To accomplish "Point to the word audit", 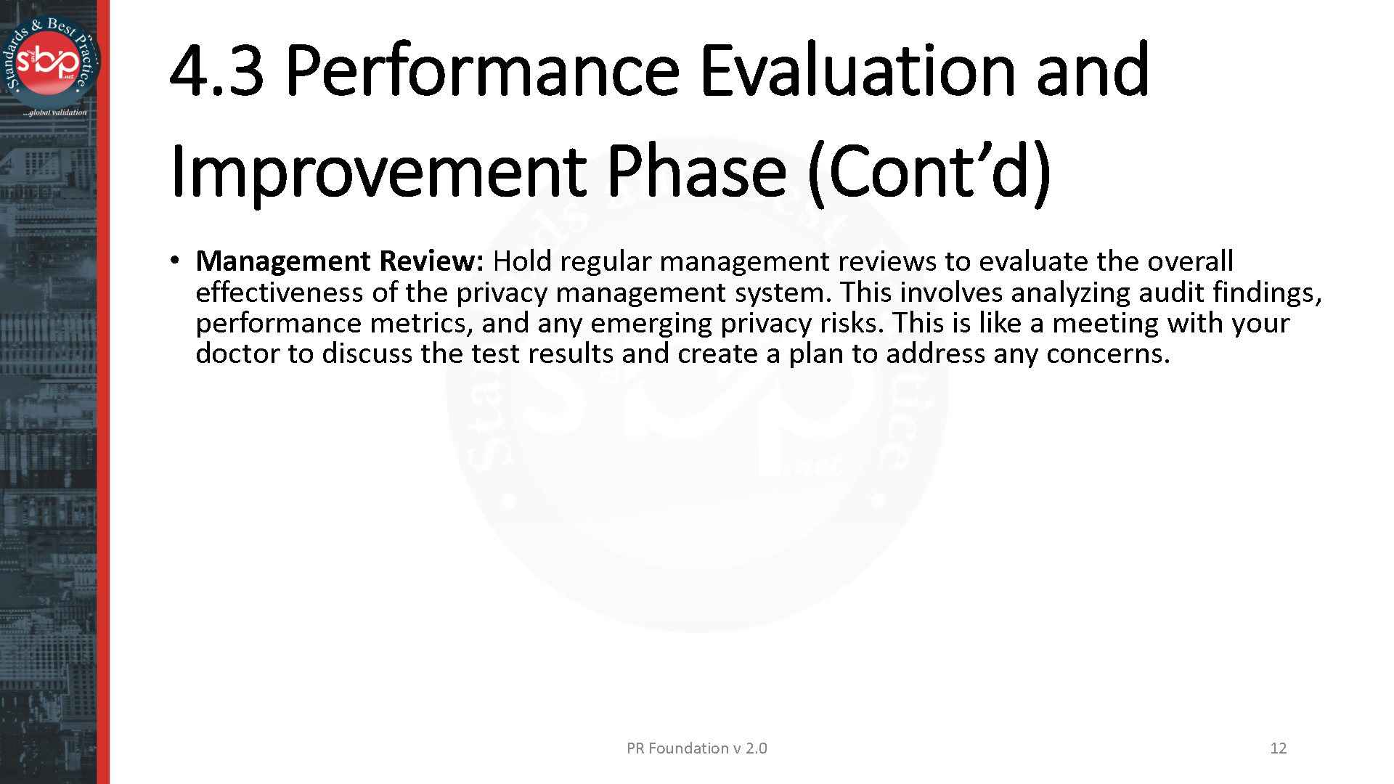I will click(x=1171, y=293).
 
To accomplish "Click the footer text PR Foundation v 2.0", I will click(x=696, y=748).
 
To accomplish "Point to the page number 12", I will click(x=1278, y=748).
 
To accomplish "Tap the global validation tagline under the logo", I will click(x=54, y=113).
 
